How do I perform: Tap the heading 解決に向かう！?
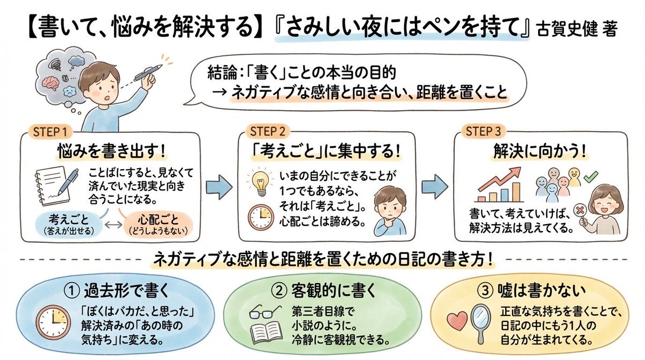pyautogui.click(x=539, y=152)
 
